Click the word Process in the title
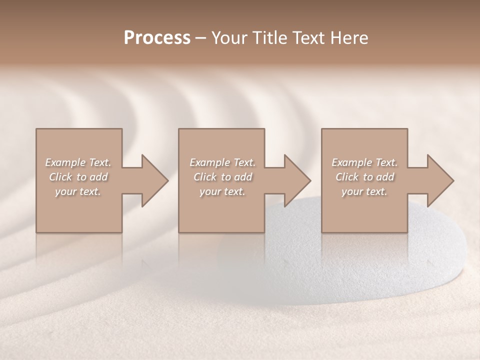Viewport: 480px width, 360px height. (x=157, y=38)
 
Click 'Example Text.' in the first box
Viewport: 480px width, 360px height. (x=78, y=162)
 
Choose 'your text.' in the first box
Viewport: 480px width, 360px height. (x=78, y=191)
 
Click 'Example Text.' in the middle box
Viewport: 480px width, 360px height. (x=222, y=162)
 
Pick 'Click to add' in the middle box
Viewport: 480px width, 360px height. (x=222, y=177)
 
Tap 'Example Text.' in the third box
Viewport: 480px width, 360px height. (x=364, y=162)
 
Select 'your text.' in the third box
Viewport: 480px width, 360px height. (x=364, y=191)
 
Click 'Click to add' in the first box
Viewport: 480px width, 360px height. (x=78, y=177)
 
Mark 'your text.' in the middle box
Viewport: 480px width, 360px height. (x=222, y=191)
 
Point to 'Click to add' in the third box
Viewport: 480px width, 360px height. (x=364, y=177)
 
